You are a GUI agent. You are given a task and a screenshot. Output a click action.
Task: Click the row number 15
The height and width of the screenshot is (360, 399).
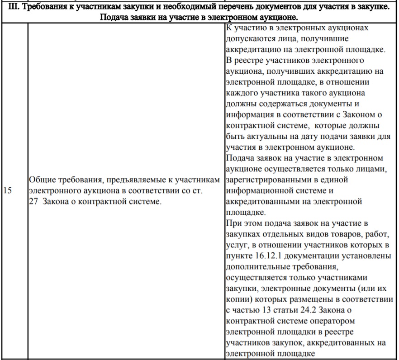[7, 191]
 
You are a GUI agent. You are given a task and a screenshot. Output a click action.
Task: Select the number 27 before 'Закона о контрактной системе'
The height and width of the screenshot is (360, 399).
[33, 201]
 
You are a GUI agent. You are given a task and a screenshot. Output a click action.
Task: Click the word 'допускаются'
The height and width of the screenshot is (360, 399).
[248, 38]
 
